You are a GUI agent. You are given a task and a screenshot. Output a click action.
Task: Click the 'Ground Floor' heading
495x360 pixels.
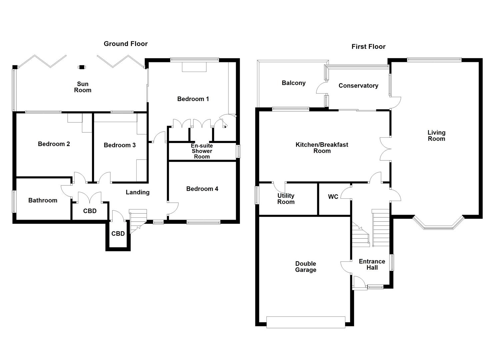click(125, 44)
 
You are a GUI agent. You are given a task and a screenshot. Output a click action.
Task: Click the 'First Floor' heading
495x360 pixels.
click(368, 47)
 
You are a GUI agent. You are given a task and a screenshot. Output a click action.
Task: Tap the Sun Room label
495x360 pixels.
click(83, 87)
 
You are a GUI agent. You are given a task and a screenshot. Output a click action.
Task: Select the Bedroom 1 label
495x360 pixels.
click(193, 99)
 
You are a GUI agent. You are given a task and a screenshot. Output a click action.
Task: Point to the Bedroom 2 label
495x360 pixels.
click(54, 144)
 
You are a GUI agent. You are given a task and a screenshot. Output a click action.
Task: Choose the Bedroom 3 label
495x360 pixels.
click(120, 145)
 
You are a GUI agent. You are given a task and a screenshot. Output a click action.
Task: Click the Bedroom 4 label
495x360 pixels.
click(202, 189)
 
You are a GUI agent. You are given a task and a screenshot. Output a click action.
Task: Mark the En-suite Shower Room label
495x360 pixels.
click(202, 151)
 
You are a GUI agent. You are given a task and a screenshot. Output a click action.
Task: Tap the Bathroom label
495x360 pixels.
click(43, 200)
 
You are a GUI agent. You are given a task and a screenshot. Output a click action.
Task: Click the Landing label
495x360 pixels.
click(137, 192)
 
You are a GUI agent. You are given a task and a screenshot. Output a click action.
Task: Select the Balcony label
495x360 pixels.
click(293, 83)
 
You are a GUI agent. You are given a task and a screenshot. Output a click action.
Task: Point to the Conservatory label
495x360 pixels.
click(358, 86)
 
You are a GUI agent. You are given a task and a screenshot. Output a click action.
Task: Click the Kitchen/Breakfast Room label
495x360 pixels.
click(322, 148)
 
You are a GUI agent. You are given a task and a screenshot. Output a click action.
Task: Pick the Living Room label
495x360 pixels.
click(436, 136)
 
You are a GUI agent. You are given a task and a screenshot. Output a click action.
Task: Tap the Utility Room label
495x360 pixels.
click(286, 199)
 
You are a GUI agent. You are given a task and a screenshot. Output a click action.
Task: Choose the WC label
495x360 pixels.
click(333, 197)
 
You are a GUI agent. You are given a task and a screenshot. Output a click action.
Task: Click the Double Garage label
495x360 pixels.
click(305, 267)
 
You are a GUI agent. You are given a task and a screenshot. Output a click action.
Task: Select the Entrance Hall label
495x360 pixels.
click(372, 264)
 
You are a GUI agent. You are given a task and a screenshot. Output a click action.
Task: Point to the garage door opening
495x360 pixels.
click(306, 322)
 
